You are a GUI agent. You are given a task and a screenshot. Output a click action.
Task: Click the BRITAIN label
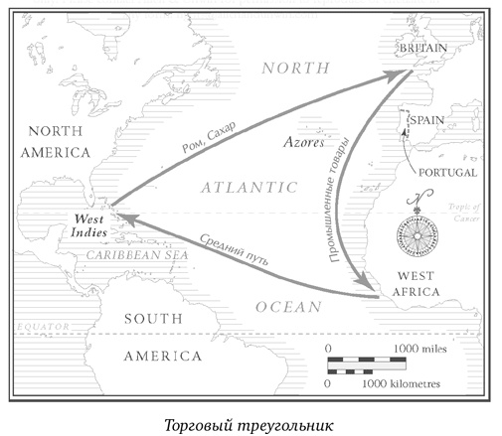click(423, 48)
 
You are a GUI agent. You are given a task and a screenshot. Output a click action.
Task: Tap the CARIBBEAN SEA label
click(136, 254)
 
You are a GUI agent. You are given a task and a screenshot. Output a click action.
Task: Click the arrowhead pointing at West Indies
click(117, 212)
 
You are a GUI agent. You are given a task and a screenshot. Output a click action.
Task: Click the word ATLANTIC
click(249, 187)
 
